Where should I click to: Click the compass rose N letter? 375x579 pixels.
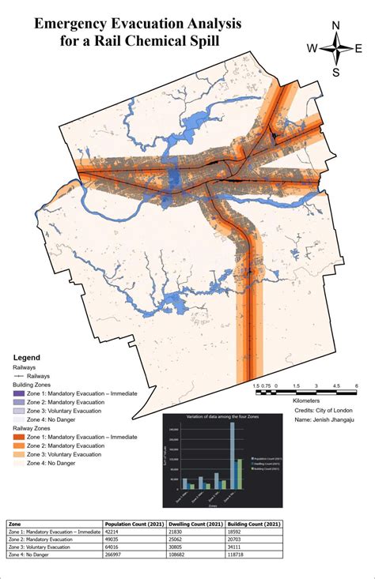coord(336,25)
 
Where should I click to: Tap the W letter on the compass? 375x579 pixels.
coord(313,48)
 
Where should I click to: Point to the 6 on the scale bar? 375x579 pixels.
coord(358,385)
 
